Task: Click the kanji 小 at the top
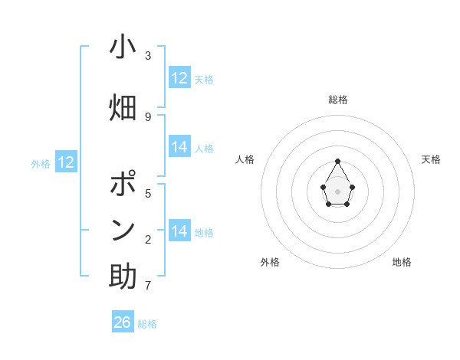click(123, 47)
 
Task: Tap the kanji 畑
click(123, 106)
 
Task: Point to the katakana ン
click(123, 229)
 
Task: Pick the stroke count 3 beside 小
click(148, 56)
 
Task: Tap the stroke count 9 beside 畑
click(148, 116)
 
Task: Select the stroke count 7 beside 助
click(148, 286)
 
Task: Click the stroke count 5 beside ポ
click(148, 193)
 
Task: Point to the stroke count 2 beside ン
click(148, 241)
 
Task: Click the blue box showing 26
click(123, 322)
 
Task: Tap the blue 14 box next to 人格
click(179, 147)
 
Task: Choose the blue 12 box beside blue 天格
click(179, 78)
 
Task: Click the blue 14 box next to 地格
click(179, 231)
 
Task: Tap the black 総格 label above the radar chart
click(338, 100)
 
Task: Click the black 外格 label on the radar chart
click(270, 262)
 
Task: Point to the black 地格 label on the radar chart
click(402, 262)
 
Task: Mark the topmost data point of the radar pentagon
click(338, 161)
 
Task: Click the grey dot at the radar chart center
click(338, 190)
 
